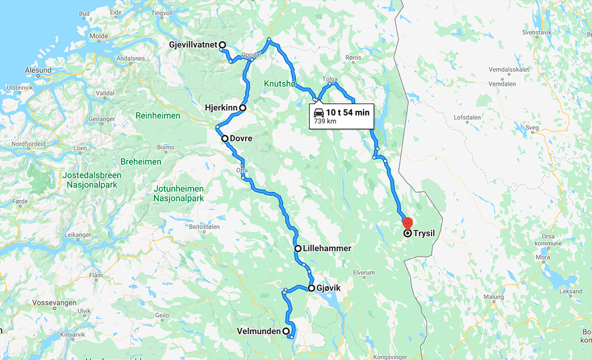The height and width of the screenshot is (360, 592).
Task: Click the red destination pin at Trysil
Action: [407, 224]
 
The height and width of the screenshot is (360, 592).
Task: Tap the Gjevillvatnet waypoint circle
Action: [223, 45]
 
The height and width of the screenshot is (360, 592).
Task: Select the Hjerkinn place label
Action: [220, 108]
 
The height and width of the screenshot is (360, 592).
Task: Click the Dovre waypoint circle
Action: [225, 139]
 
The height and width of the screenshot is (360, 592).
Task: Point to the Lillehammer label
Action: [327, 249]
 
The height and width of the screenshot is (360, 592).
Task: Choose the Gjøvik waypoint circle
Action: [311, 288]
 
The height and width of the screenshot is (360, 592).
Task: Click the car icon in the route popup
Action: [318, 112]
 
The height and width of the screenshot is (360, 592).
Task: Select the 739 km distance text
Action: [324, 121]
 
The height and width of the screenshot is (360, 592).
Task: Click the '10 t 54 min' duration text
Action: [348, 112]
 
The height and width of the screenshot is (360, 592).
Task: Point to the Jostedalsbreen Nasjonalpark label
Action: [92, 180]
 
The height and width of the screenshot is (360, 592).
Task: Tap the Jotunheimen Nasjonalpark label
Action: [178, 193]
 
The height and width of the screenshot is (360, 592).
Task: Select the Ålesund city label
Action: [38, 70]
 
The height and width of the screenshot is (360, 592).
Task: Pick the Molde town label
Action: [98, 36]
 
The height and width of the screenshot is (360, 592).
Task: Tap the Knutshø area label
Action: [280, 84]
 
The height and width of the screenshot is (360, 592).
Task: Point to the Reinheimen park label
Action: [157, 115]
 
